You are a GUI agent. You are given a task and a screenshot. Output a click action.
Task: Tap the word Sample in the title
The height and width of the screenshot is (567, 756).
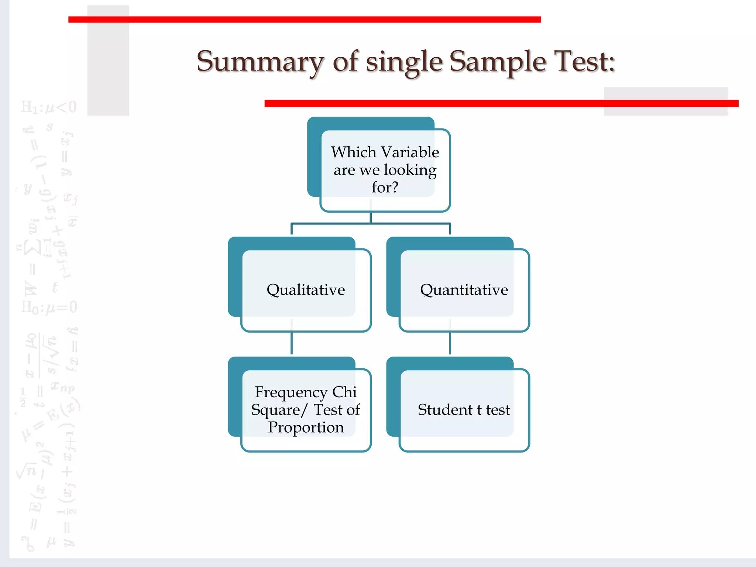pos(497,62)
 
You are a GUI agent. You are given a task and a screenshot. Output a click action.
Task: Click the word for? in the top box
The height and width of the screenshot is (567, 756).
pos(385,187)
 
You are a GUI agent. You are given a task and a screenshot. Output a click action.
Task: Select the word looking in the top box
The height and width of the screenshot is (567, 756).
pos(410,170)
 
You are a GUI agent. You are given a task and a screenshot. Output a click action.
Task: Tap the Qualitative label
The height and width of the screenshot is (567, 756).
pos(306,290)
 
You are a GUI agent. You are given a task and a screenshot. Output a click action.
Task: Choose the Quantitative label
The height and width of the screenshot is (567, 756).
pos(464,290)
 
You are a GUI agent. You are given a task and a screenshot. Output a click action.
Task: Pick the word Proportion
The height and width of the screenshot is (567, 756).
pos(306,427)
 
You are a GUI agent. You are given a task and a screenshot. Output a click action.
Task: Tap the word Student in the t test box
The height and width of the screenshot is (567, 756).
pos(445,410)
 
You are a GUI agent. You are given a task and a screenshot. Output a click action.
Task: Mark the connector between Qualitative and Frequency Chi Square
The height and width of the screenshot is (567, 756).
pos(292,343)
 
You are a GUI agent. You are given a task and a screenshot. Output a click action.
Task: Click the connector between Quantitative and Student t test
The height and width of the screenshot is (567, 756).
pos(450,343)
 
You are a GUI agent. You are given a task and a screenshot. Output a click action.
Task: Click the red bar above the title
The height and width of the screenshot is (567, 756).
pos(304,20)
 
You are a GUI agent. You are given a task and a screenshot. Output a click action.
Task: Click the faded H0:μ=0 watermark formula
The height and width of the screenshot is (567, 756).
pos(49,307)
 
